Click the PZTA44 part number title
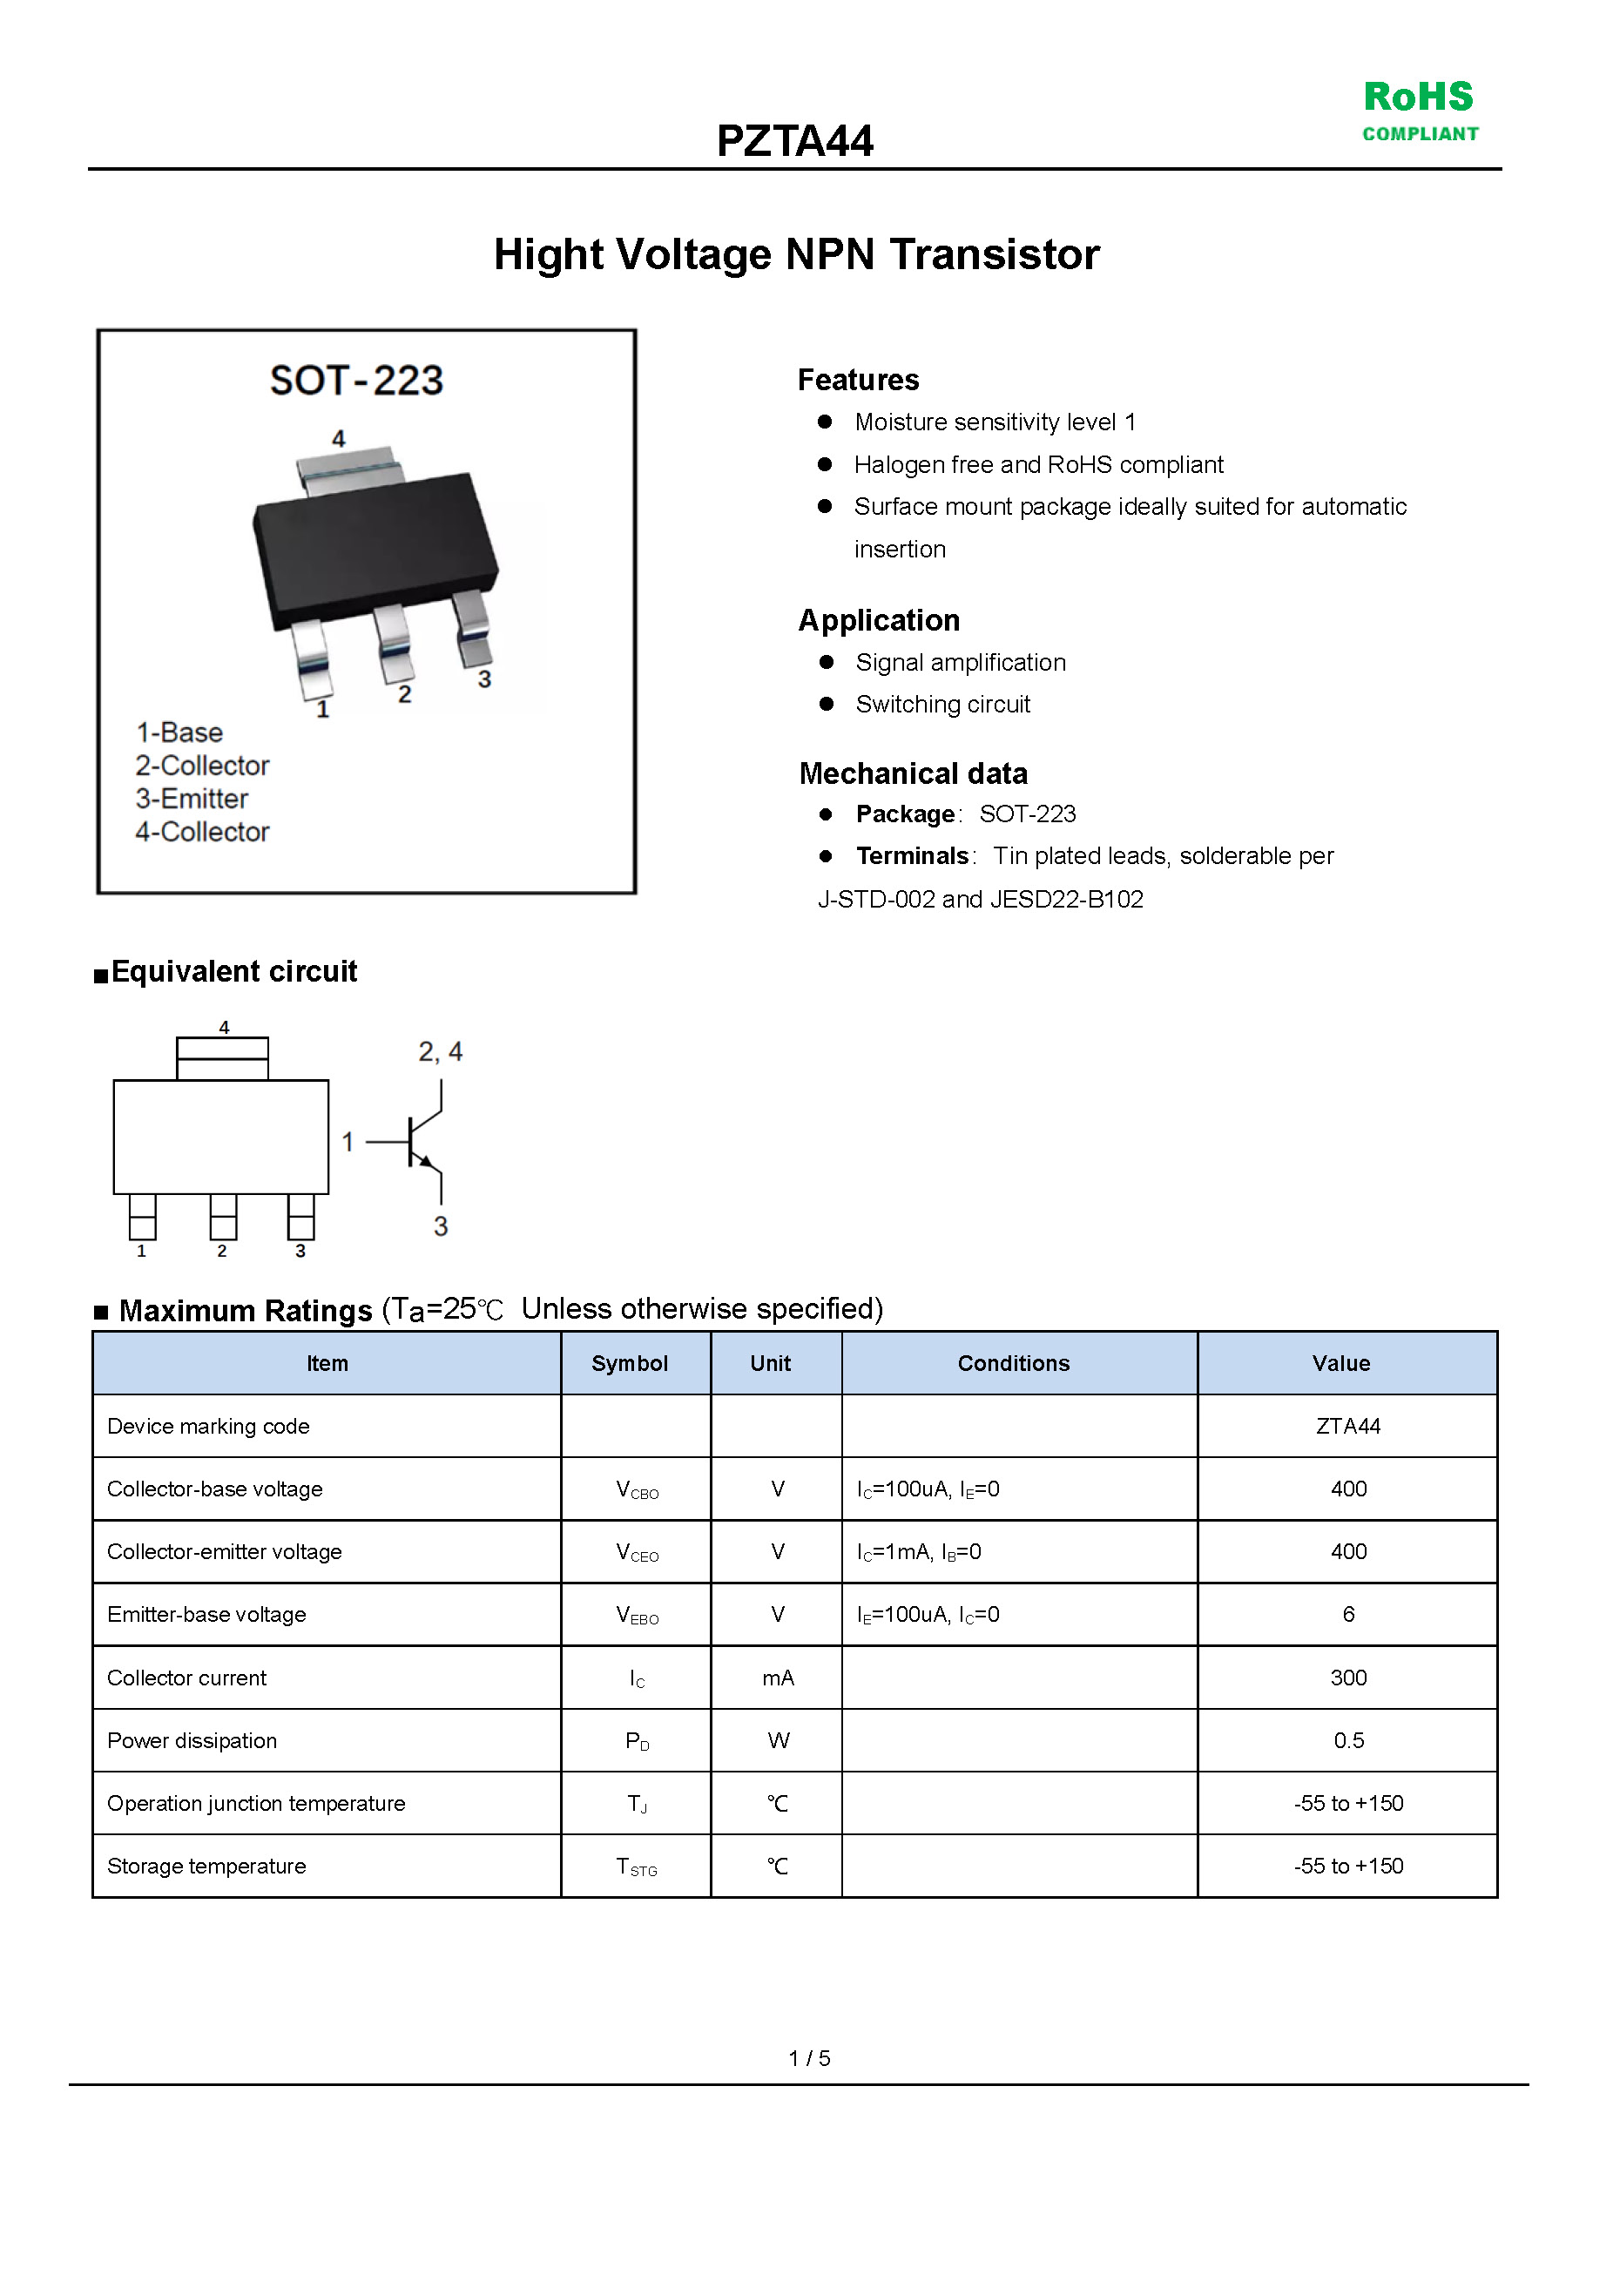pyautogui.click(x=795, y=141)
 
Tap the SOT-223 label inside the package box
pyautogui.click(x=356, y=381)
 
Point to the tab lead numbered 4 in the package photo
pyautogui.click(x=349, y=467)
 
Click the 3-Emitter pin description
pyautogui.click(x=192, y=799)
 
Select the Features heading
pyautogui.click(x=858, y=380)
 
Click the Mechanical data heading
pyautogui.click(x=913, y=773)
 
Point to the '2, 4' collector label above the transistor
pyautogui.click(x=441, y=1051)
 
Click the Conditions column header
pyautogui.click(x=1014, y=1364)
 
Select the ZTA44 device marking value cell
pyautogui.click(x=1347, y=1427)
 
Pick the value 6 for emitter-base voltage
pyautogui.click(x=1347, y=1615)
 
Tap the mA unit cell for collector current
pyautogui.click(x=777, y=1678)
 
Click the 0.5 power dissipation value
pyautogui.click(x=1347, y=1741)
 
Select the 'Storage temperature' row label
pyautogui.click(x=206, y=1867)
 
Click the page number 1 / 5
pyautogui.click(x=809, y=2058)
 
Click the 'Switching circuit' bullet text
pyautogui.click(x=942, y=705)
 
